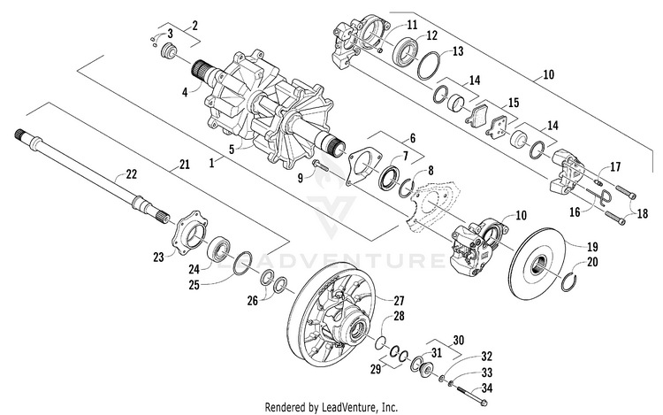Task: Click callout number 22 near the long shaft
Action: pos(131,174)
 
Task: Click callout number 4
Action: pos(185,90)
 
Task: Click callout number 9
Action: pos(301,178)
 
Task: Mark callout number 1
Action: pos(210,164)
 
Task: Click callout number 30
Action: pos(457,339)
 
